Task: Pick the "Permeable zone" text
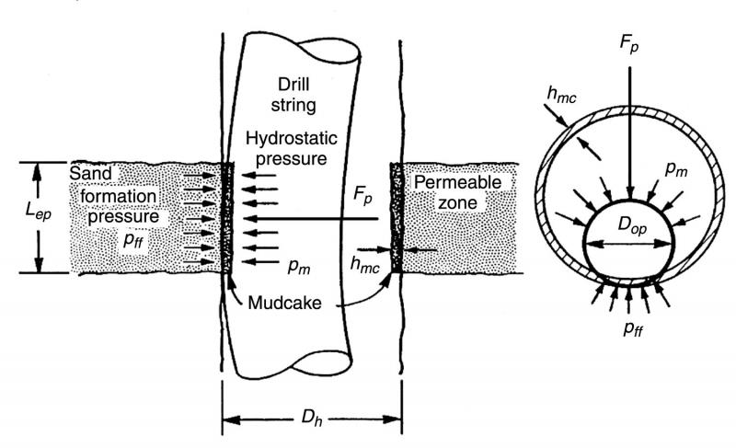coord(444,193)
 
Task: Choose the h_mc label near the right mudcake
coord(364,264)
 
